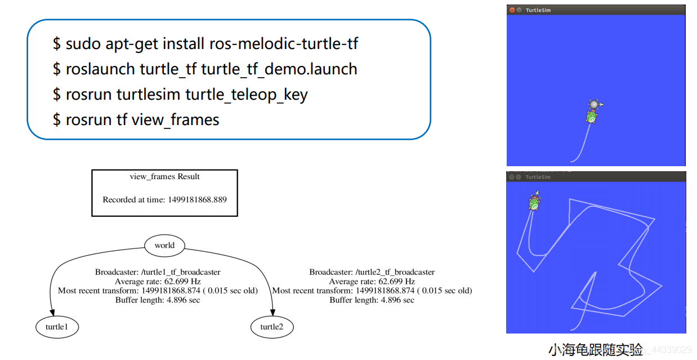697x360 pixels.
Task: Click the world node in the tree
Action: [164, 245]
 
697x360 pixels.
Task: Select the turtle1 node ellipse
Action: [56, 327]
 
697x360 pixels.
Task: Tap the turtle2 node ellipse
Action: [271, 327]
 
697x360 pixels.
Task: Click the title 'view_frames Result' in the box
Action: [164, 176]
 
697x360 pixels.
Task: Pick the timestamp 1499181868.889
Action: [197, 199]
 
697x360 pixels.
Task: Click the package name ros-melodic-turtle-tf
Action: [284, 43]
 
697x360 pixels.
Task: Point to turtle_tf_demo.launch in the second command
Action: [279, 69]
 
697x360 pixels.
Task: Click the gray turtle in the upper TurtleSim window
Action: [595, 104]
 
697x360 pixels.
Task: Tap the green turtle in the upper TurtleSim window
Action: [591, 117]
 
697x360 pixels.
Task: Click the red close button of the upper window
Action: [512, 10]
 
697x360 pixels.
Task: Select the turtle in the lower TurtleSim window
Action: [534, 202]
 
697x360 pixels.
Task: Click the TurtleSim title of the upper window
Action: [538, 10]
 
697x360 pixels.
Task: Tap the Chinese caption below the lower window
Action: [596, 350]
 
